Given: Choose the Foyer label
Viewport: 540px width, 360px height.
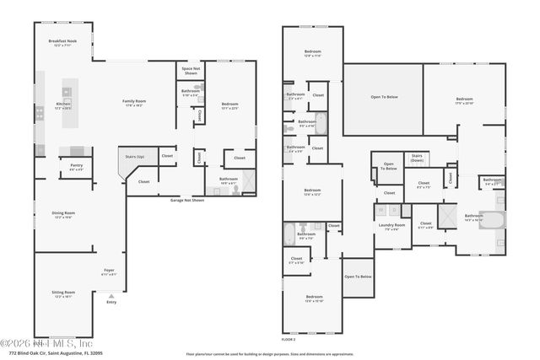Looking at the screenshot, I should (108, 272).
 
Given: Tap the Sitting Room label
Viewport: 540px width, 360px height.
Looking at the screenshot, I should (62, 293).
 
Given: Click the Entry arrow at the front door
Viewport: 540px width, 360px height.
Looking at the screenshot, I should (111, 298).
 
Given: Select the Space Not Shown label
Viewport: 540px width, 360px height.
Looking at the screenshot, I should (191, 70).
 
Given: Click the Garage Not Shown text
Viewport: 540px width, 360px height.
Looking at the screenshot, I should (186, 201).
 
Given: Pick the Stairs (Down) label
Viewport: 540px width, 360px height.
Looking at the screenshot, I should (417, 158).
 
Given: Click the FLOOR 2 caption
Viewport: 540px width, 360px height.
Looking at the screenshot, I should (289, 339).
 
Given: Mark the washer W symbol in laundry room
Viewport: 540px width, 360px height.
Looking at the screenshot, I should (382, 210).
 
